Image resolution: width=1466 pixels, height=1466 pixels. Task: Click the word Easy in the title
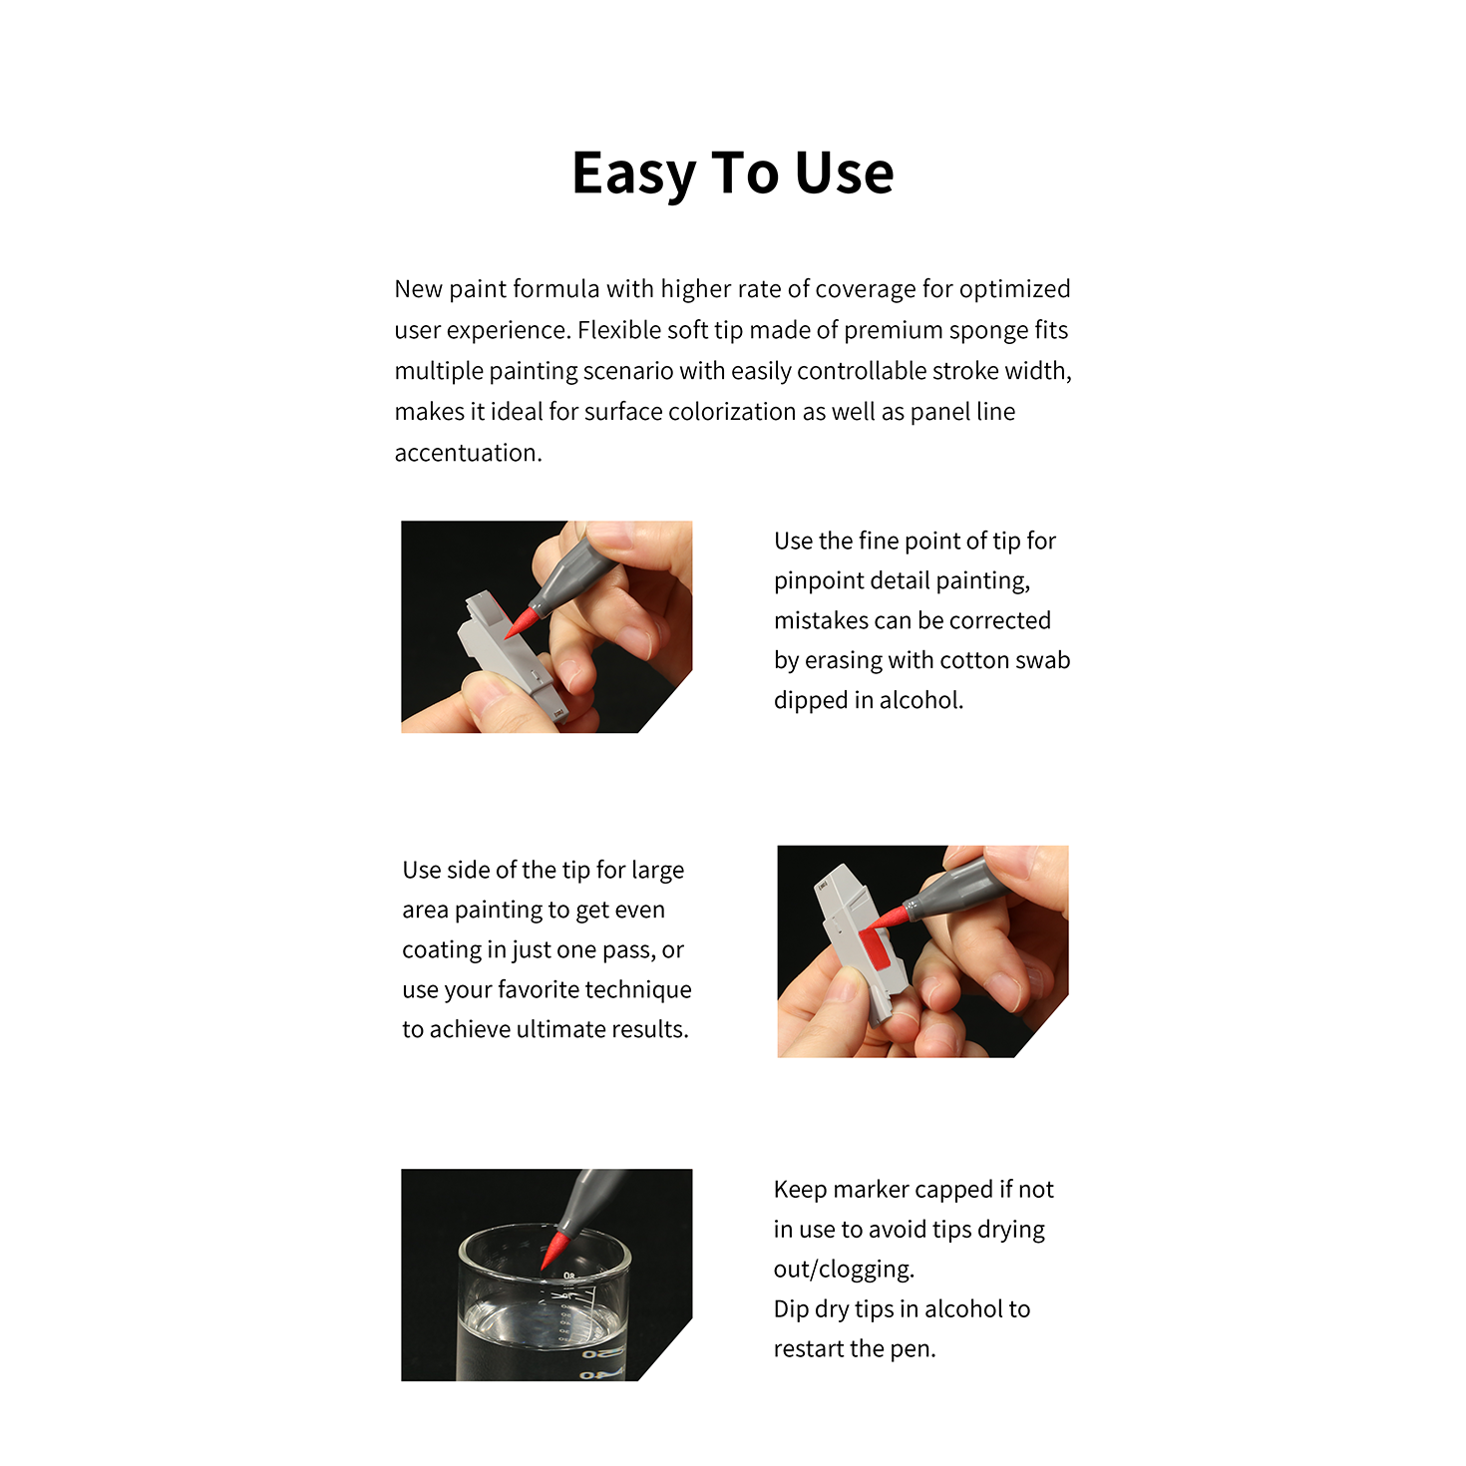tap(633, 175)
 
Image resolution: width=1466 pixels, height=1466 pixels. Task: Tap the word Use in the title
tap(844, 174)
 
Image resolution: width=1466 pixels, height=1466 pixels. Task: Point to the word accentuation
tap(468, 453)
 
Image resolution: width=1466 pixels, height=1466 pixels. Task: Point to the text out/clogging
tap(844, 1269)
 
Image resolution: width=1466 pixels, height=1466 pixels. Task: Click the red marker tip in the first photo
tap(522, 621)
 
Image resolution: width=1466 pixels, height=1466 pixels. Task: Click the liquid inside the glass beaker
tap(542, 1339)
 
